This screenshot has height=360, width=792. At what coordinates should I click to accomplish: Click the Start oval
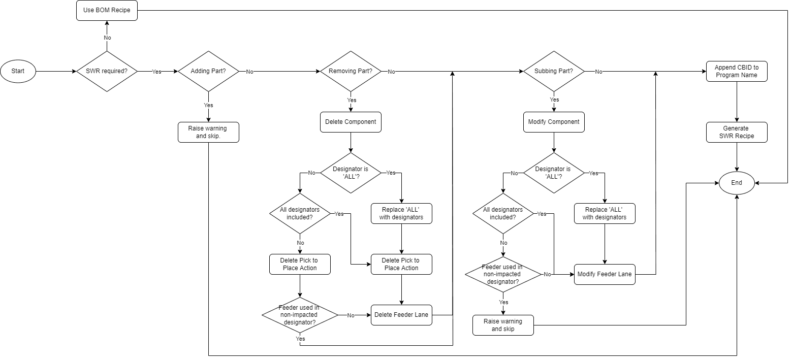[x=18, y=72]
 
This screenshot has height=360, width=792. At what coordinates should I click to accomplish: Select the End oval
[x=737, y=183]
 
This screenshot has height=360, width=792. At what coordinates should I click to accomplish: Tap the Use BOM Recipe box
[x=107, y=11]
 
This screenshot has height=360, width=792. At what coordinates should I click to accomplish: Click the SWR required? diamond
[x=107, y=72]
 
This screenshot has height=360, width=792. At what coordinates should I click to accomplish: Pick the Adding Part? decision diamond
[x=208, y=72]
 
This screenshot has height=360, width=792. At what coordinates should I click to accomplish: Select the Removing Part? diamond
[x=351, y=72]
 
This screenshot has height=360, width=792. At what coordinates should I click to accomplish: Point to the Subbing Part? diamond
[x=554, y=72]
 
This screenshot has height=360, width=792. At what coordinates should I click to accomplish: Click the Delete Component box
[x=351, y=122]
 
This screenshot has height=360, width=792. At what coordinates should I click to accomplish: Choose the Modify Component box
[x=554, y=122]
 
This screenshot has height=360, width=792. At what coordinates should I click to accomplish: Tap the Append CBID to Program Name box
[x=737, y=71]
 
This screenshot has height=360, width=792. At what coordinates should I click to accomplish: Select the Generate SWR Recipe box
[x=737, y=132]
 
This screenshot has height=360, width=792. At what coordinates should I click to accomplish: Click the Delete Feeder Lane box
[x=401, y=315]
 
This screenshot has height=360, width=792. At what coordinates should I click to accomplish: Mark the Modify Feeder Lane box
[x=605, y=274]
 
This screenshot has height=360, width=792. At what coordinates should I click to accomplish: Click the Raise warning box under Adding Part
[x=208, y=132]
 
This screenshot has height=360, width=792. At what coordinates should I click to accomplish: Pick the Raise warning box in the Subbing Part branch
[x=503, y=325]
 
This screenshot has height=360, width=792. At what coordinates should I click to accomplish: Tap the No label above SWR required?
[x=107, y=38]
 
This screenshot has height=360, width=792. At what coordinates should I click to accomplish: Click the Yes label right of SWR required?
[x=156, y=72]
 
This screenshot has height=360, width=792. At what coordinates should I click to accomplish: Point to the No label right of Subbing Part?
[x=599, y=72]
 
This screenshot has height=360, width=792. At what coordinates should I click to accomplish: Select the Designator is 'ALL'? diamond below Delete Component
[x=351, y=173]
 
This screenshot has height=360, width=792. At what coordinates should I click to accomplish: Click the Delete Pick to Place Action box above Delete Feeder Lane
[x=401, y=264]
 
